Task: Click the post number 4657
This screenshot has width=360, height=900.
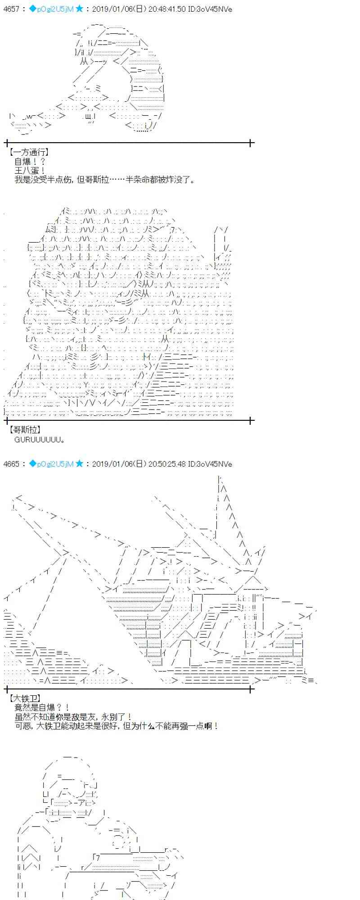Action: pyautogui.click(x=11, y=9)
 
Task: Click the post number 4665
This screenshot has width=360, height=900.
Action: pyautogui.click(x=11, y=463)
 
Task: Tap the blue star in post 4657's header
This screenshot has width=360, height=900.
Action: pyautogui.click(x=80, y=9)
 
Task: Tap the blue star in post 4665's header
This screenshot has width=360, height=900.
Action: pyautogui.click(x=80, y=463)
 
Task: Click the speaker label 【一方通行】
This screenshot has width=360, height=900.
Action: pyautogui.click(x=28, y=153)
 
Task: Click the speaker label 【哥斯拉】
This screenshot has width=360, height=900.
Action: pyautogui.click(x=25, y=430)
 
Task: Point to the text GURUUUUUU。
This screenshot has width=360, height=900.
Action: pyautogui.click(x=40, y=439)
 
